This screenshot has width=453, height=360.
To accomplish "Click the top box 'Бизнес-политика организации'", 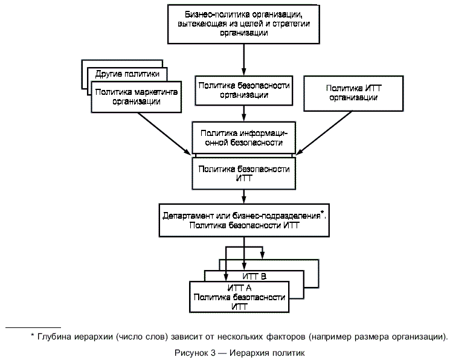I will coord(243,23).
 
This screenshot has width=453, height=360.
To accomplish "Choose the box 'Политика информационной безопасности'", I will coord(243,138).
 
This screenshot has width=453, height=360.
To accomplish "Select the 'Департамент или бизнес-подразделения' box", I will coord(243,220).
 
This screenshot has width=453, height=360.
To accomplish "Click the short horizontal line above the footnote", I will coord(33,326).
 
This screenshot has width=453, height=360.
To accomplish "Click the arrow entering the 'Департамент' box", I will coord(243,196).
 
